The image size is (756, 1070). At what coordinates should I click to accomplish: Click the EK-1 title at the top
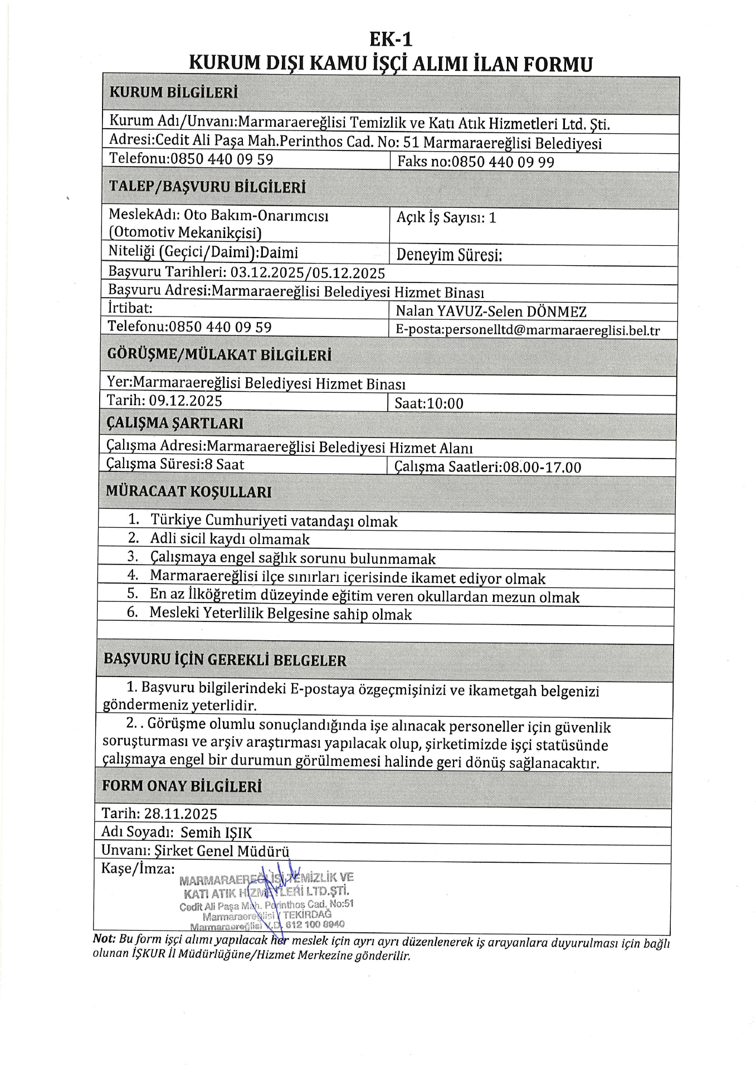[391, 40]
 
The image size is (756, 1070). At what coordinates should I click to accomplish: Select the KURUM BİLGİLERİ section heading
[173, 93]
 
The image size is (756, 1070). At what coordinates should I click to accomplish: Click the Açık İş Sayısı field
[446, 218]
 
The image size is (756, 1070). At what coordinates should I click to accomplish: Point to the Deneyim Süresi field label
[449, 255]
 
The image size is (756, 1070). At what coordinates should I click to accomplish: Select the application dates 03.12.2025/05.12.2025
[308, 273]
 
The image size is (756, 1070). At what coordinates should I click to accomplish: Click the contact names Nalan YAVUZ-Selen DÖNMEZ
[491, 312]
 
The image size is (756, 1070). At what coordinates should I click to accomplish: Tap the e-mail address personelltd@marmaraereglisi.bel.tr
[527, 330]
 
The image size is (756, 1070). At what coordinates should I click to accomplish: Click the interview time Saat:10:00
[428, 403]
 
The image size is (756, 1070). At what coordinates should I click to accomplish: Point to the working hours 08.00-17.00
[542, 467]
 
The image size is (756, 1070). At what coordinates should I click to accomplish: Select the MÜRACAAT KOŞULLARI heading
[189, 492]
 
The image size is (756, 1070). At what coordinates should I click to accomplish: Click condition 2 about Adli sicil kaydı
[230, 539]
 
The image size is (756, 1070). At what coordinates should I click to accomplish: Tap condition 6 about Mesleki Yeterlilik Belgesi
[280, 614]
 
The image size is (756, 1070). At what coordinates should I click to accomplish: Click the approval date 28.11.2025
[181, 814]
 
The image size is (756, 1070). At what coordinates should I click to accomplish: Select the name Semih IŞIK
[216, 833]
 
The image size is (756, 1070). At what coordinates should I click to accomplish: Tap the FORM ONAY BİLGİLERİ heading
[182, 786]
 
